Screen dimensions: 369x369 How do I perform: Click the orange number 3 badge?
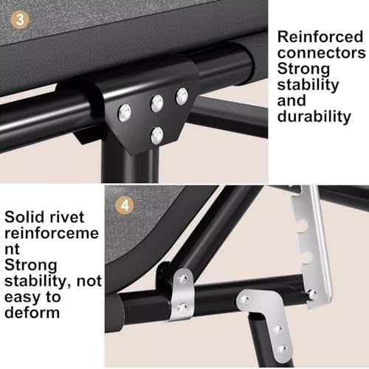[20, 19]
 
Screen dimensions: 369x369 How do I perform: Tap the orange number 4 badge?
[125, 205]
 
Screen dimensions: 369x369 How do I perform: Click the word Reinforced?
[320, 37]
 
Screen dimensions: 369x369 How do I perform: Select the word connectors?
[321, 53]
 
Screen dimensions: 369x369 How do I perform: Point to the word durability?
[314, 116]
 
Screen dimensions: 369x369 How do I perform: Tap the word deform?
[32, 312]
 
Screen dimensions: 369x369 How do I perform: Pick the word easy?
[21, 297]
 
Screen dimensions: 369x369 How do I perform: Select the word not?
[89, 281]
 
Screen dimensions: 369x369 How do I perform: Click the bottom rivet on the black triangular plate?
[157, 136]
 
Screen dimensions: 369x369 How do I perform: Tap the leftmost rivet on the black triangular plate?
[125, 113]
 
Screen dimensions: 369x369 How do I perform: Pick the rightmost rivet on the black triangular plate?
[182, 97]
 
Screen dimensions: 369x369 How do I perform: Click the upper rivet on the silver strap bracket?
[183, 279]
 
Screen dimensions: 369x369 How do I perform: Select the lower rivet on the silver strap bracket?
[182, 308]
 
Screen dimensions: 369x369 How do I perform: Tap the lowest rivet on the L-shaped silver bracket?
[282, 349]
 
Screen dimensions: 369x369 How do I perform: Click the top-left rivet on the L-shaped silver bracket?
[245, 299]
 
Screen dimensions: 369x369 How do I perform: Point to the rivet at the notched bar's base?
[312, 294]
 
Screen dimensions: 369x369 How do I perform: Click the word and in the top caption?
[292, 101]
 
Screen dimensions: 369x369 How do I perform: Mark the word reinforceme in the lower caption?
[52, 233]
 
